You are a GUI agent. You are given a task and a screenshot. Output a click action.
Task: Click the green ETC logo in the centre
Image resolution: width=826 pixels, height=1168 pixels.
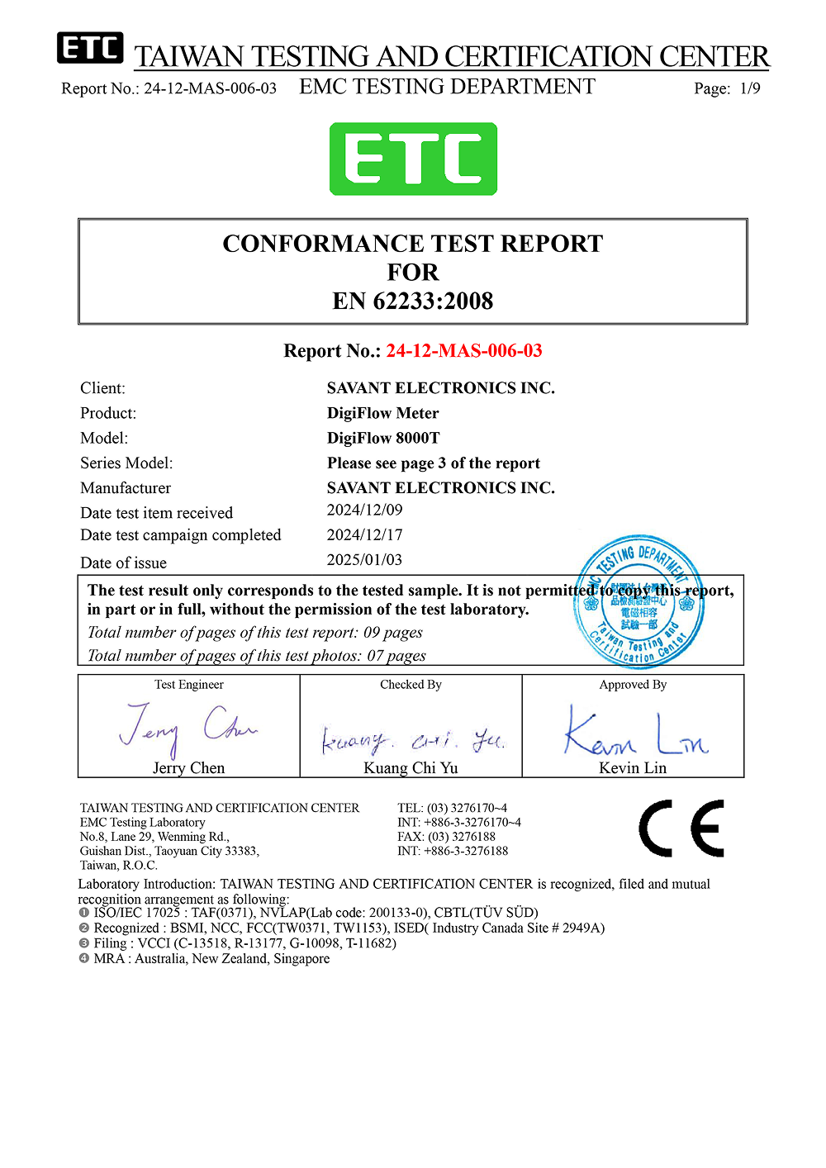click(x=413, y=159)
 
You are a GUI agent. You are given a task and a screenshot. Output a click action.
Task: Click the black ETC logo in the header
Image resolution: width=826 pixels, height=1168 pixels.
click(x=90, y=49)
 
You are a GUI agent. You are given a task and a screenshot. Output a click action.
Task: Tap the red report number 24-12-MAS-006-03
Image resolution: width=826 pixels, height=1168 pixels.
click(x=464, y=351)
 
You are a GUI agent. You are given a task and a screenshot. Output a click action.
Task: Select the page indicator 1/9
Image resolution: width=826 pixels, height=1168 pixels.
click(x=750, y=88)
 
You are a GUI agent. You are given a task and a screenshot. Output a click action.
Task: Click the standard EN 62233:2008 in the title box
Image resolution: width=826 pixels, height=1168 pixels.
click(x=413, y=301)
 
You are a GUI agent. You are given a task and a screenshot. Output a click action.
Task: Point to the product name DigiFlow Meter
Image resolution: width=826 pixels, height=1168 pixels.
click(x=382, y=413)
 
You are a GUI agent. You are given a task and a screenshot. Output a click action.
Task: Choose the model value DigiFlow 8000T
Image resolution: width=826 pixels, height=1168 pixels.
click(x=383, y=438)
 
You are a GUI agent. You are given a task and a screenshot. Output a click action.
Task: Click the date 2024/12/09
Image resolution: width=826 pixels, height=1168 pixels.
click(x=364, y=510)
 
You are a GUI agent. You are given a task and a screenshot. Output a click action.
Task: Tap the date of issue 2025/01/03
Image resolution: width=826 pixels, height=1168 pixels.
click(x=364, y=560)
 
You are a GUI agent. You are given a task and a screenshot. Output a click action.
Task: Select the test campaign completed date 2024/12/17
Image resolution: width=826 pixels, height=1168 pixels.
click(x=364, y=535)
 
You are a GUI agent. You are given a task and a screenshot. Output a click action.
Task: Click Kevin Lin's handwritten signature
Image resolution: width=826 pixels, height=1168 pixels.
click(x=634, y=732)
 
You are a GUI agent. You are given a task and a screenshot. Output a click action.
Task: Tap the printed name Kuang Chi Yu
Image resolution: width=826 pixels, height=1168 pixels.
click(x=411, y=768)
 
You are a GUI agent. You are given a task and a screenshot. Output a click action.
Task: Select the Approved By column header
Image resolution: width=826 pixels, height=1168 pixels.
click(x=633, y=685)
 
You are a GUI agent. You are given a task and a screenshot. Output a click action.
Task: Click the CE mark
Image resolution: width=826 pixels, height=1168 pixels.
click(x=681, y=829)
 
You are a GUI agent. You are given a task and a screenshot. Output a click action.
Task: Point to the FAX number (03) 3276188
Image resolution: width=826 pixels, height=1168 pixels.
click(x=461, y=837)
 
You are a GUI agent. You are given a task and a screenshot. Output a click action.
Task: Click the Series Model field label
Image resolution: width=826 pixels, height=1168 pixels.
click(x=126, y=463)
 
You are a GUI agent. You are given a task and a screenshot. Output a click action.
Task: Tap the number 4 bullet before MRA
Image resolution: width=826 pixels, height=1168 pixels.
click(x=83, y=959)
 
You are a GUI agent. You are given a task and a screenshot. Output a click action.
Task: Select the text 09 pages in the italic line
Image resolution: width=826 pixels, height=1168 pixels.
click(x=393, y=633)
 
